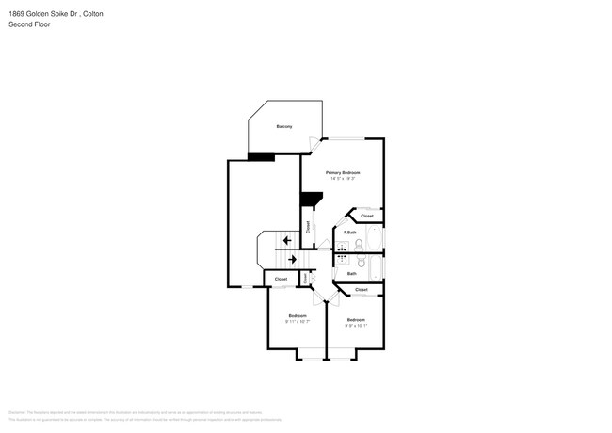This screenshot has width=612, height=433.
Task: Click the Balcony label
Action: pyautogui.click(x=283, y=126)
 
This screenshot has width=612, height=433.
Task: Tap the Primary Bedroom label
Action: pyautogui.click(x=343, y=173)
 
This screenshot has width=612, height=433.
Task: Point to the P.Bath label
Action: pyautogui.click(x=349, y=233)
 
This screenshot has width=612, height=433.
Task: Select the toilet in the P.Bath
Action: pyautogui.click(x=360, y=244)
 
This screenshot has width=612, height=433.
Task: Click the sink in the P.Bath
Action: pyautogui.click(x=343, y=247)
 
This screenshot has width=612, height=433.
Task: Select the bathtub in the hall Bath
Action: pyautogui.click(x=374, y=269)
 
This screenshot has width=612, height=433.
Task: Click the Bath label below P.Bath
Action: pyautogui.click(x=351, y=274)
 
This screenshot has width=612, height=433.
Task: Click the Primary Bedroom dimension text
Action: pyautogui.click(x=343, y=179)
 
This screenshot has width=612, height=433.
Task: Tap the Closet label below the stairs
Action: pyautogui.click(x=281, y=280)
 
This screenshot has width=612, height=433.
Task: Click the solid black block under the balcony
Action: pyautogui.click(x=261, y=157)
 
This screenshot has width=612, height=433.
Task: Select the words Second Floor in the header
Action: pyautogui.click(x=29, y=24)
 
